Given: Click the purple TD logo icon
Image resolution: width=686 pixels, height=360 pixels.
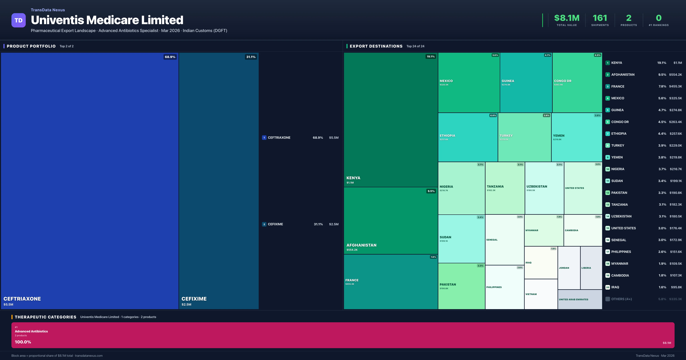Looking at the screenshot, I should (x=18, y=20).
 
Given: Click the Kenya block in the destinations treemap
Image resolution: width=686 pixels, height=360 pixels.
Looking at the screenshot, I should (x=390, y=120).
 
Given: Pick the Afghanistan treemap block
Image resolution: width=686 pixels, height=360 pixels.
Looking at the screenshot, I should (x=390, y=220).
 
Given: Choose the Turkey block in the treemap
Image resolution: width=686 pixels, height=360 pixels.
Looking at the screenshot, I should (x=524, y=137).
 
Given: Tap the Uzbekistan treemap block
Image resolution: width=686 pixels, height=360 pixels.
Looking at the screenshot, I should (x=544, y=188).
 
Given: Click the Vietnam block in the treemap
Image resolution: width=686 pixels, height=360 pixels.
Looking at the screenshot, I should (x=541, y=294).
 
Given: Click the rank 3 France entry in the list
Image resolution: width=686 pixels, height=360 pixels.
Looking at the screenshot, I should (x=618, y=86).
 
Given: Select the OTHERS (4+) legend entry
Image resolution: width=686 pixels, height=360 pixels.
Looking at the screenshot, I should (x=621, y=299).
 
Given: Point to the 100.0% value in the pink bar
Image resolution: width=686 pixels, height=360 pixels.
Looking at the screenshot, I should (x=23, y=342).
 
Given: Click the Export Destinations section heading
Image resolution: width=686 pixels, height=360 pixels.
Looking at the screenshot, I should (x=376, y=46).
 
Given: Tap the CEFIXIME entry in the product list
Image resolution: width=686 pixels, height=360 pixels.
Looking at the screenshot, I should (x=275, y=224).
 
